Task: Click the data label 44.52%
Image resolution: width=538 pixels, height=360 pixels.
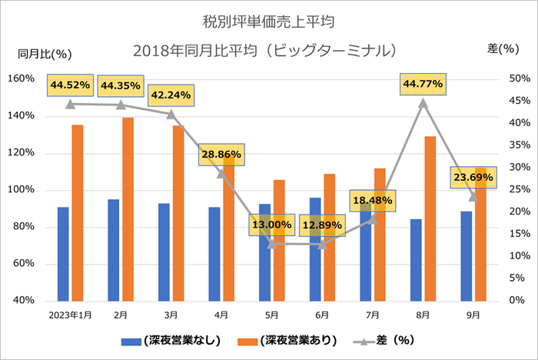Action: pyautogui.click(x=70, y=84)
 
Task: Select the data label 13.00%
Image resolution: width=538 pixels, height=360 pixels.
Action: pyautogui.click(x=272, y=225)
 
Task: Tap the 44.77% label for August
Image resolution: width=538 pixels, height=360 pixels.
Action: pyautogui.click(x=423, y=84)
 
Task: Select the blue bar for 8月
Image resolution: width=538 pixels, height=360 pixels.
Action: pyautogui.click(x=416, y=259)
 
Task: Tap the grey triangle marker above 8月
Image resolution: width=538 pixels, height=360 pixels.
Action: pyautogui.click(x=423, y=102)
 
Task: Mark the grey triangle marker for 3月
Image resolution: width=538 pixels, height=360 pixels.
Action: pyautogui.click(x=171, y=114)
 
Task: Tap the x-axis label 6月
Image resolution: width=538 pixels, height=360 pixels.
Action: pyautogui.click(x=322, y=315)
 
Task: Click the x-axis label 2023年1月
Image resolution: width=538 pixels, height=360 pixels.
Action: pyautogui.click(x=70, y=315)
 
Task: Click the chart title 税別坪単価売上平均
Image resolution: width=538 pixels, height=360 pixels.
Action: pyautogui.click(x=268, y=17)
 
